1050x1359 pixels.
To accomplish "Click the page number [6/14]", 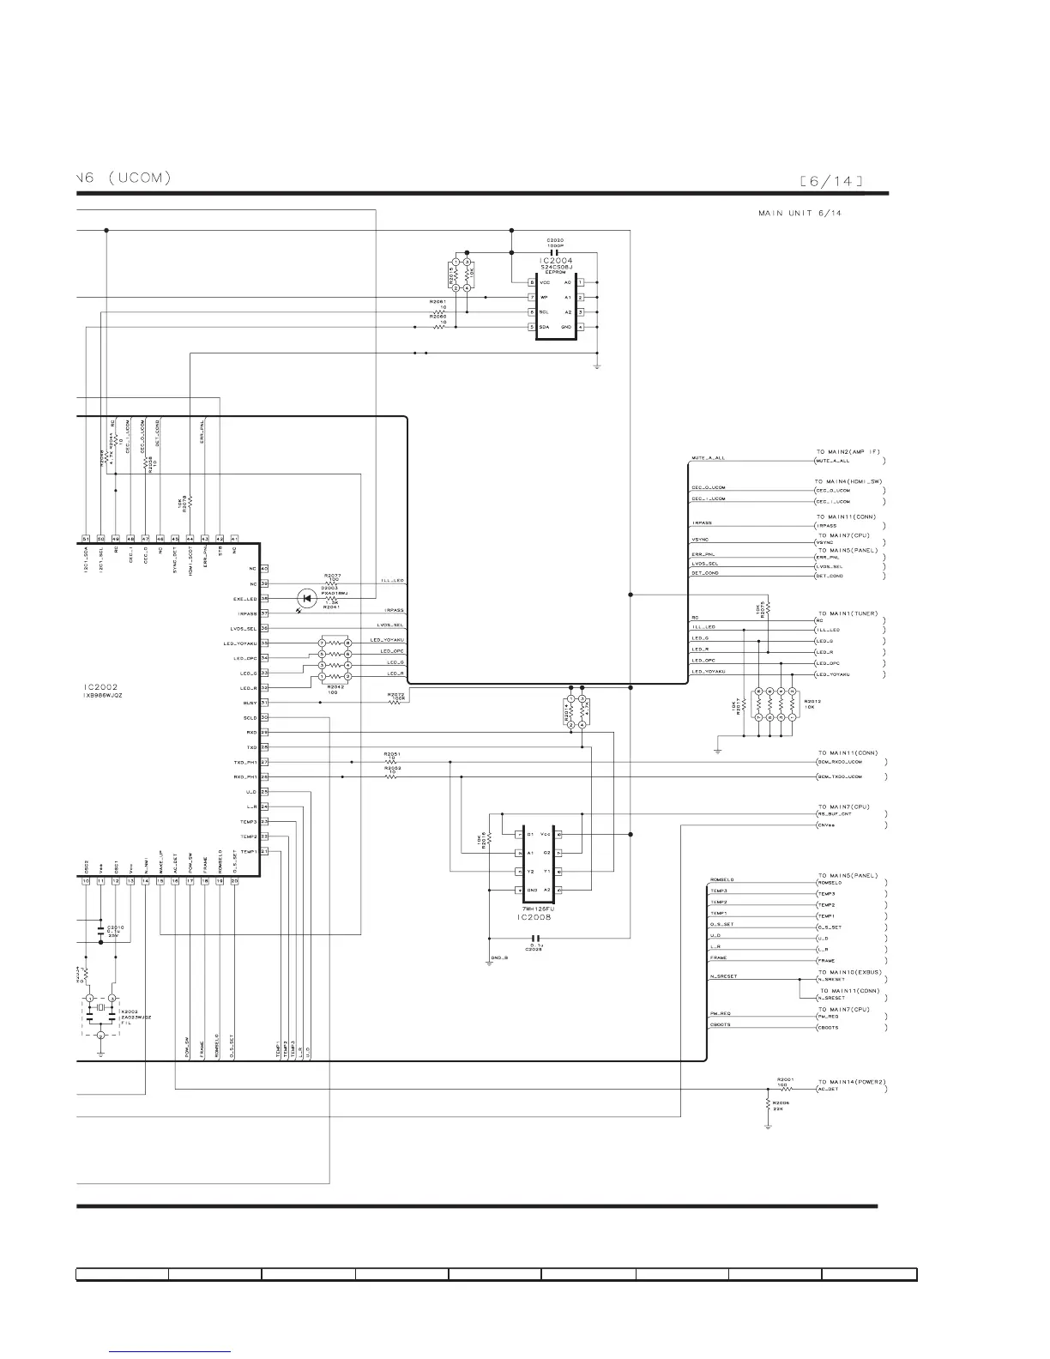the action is (x=830, y=180).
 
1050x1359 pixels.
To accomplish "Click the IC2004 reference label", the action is (x=556, y=260).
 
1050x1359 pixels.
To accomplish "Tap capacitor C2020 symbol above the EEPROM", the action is (x=554, y=253).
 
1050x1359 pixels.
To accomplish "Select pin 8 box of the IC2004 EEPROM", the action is (x=532, y=282).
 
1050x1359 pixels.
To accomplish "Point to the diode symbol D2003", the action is (x=307, y=598).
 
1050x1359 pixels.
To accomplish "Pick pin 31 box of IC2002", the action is (x=264, y=703).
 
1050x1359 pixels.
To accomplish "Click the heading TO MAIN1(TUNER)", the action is (x=848, y=613).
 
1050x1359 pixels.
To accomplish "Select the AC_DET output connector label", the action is (x=828, y=1090).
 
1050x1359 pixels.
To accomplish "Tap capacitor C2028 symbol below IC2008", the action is (x=538, y=938).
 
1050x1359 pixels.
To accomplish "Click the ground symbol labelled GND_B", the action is (x=489, y=963).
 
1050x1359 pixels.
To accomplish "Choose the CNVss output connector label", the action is (x=825, y=825).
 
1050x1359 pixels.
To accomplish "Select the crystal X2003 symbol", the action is (x=100, y=1008).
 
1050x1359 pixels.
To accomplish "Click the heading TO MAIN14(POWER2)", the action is (x=851, y=1082).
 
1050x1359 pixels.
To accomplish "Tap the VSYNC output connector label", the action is (x=825, y=542).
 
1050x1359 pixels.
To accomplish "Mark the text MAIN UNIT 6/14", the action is (x=800, y=213).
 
